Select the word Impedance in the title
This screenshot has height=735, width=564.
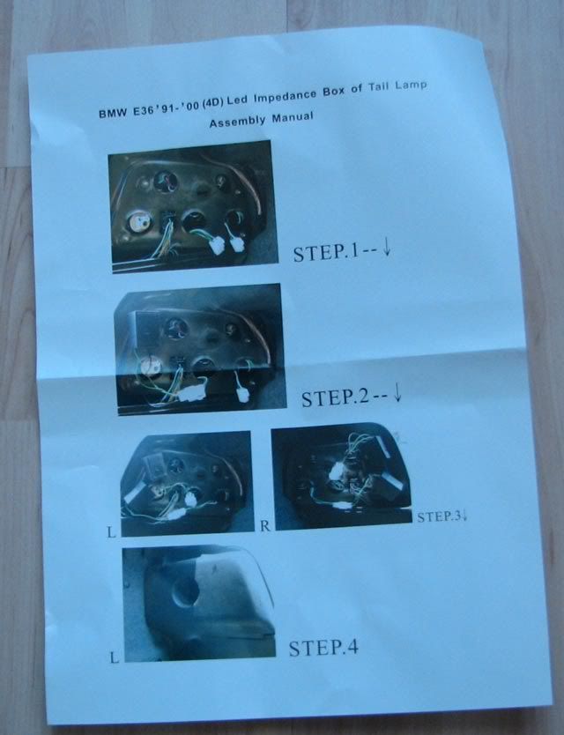[285, 98]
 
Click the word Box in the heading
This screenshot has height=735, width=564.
[333, 91]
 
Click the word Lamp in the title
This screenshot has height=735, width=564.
[411, 85]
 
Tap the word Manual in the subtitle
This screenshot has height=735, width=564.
[292, 116]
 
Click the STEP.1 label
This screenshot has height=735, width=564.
[326, 252]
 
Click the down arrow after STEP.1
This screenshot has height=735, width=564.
[387, 247]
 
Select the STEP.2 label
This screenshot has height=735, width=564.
[335, 398]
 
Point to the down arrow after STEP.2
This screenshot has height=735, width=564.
[397, 392]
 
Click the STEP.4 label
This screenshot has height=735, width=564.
[323, 648]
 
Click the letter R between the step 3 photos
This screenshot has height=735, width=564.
[265, 526]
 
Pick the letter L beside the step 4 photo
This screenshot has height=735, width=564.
[114, 657]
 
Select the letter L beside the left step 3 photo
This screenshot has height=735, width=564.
[111, 532]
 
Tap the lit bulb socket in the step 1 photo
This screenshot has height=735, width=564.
[139, 222]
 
